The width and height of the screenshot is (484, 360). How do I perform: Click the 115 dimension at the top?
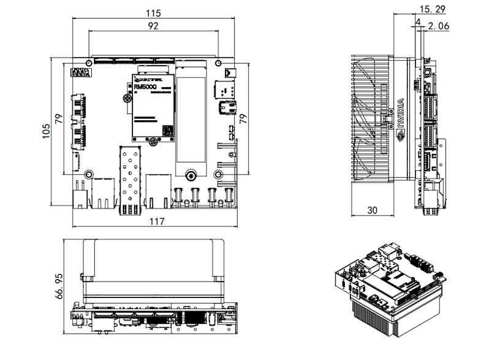(153, 12)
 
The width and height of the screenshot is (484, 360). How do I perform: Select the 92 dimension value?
(153, 26)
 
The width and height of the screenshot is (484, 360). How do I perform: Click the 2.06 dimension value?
(439, 26)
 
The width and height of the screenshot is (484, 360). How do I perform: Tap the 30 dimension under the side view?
(371, 210)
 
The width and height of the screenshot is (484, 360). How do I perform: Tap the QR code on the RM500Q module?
(166, 129)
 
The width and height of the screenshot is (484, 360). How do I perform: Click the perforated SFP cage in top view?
(131, 175)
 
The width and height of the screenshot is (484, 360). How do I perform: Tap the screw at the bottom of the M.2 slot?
(192, 176)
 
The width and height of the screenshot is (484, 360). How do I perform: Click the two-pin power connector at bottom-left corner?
(79, 195)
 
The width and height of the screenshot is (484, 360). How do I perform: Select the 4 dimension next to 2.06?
(418, 23)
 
